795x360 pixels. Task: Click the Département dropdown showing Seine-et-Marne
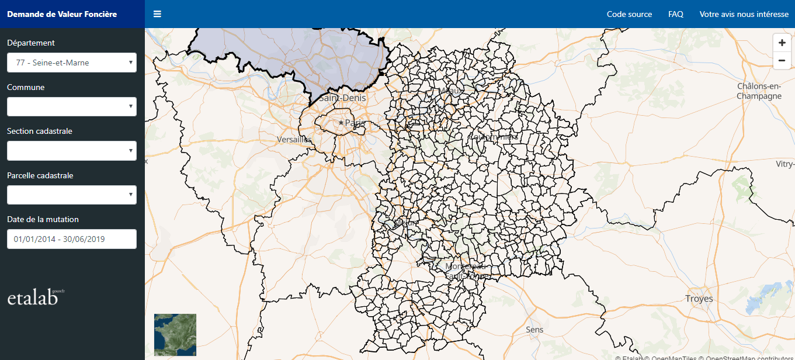point(71,63)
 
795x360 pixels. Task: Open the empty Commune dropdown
point(71,107)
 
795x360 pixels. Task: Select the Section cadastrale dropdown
point(71,151)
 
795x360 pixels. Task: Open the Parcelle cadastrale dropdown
point(71,195)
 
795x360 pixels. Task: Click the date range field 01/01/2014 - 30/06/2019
point(71,239)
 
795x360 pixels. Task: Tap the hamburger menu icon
point(157,14)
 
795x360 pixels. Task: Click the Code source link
point(629,14)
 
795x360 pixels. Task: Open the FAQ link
point(676,14)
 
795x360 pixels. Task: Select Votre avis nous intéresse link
point(744,14)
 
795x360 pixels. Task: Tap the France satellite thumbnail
point(175,335)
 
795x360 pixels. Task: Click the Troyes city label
point(699,299)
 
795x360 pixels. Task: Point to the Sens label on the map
point(534,330)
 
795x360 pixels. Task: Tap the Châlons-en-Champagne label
point(759,91)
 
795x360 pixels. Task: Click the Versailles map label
point(294,140)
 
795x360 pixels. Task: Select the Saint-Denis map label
point(342,98)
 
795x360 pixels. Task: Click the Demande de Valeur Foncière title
point(62,14)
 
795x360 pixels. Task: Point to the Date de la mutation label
point(43,219)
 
